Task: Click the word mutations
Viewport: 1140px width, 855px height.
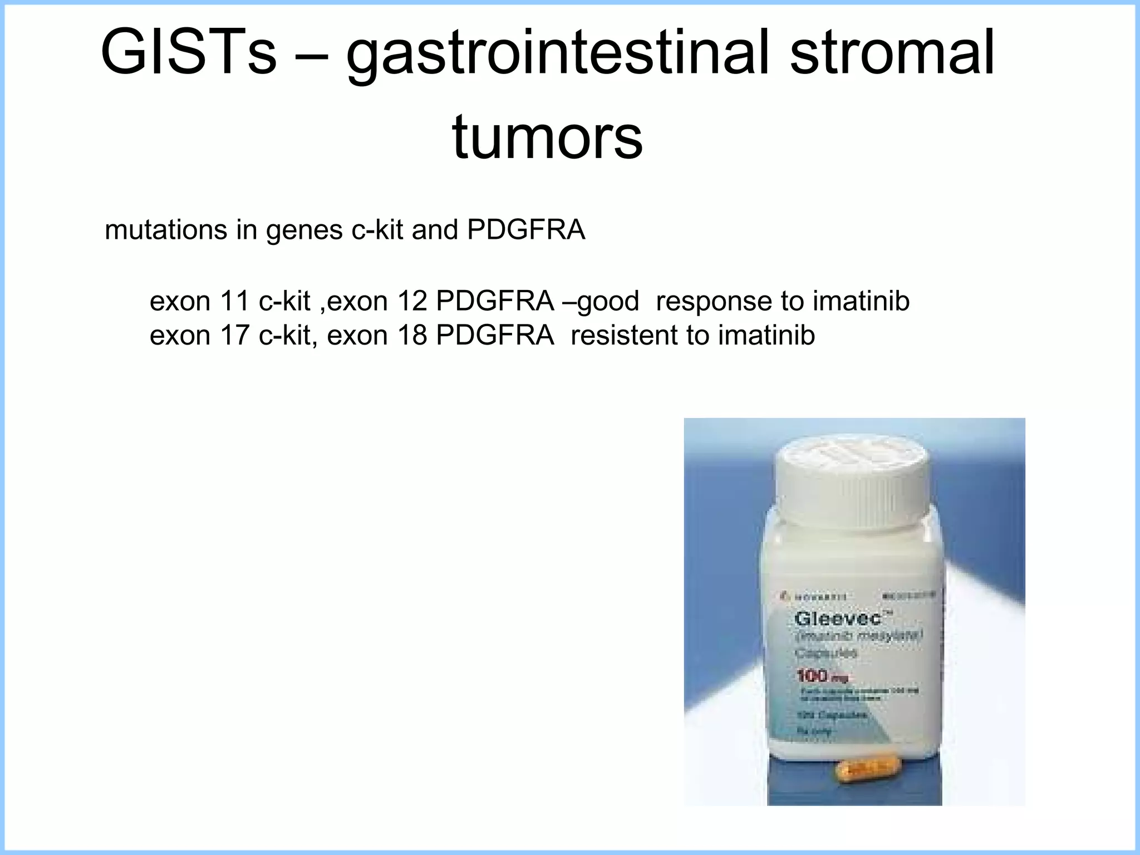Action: (x=166, y=230)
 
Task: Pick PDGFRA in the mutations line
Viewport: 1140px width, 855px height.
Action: (x=526, y=230)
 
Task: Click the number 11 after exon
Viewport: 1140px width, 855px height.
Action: (x=234, y=301)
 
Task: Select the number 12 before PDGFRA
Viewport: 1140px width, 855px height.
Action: (x=411, y=301)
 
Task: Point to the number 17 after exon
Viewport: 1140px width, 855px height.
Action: (x=234, y=335)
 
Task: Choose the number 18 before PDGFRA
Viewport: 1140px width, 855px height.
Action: (x=411, y=335)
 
